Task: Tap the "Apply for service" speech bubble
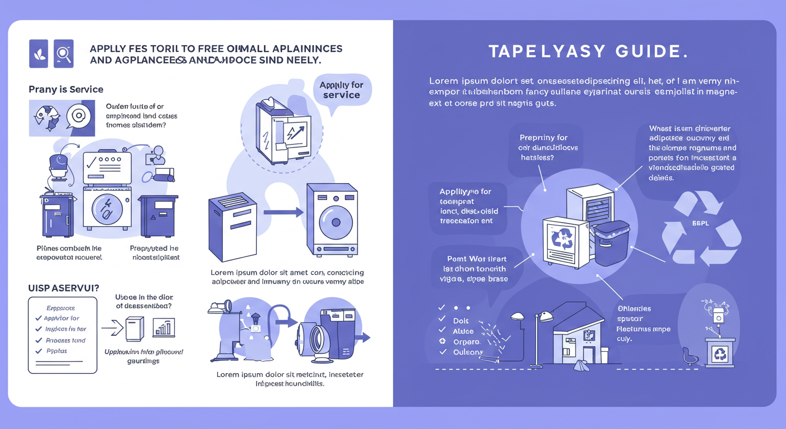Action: (341, 90)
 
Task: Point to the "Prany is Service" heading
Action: (66, 89)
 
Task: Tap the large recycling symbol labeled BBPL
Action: (701, 229)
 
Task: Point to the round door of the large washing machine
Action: (335, 222)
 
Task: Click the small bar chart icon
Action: (164, 328)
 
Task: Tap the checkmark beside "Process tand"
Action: (39, 340)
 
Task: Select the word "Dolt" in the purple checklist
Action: (461, 321)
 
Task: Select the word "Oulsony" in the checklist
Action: (468, 352)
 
